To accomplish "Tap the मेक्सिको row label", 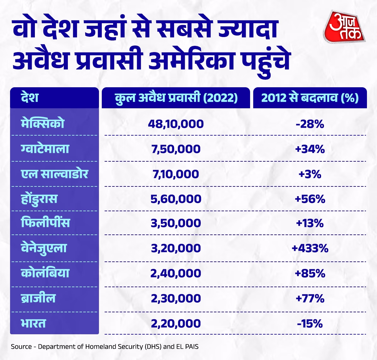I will coord(43,123).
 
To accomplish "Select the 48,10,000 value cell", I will coord(176,124).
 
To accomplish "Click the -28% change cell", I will coord(310,124).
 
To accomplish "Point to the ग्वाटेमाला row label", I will coord(45,149).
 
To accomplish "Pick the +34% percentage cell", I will coord(310,149).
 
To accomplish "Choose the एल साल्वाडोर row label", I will coord(54,174).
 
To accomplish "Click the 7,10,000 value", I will coord(176,174).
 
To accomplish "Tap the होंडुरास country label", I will coord(39,199).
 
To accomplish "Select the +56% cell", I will coord(310,199).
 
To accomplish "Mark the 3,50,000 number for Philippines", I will coord(176,223).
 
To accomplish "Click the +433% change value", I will coord(310,248).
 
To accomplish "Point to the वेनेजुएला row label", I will coord(44,248).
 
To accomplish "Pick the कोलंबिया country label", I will coord(45,273).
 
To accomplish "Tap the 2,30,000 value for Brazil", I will coord(176,298).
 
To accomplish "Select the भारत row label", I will coord(33,323).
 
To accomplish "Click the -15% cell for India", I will coord(310,323).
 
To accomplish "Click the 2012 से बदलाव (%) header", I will coord(310,98).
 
